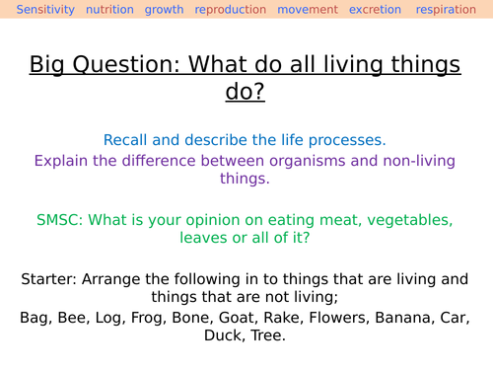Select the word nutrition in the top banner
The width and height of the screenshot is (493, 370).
click(x=109, y=10)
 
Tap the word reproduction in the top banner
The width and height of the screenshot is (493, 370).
click(x=231, y=10)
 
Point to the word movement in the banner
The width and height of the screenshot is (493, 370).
click(x=307, y=10)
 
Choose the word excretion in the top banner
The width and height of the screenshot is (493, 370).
click(x=374, y=10)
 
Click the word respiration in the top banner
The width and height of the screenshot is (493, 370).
click(x=448, y=10)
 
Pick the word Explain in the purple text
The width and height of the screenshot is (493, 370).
click(x=62, y=160)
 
